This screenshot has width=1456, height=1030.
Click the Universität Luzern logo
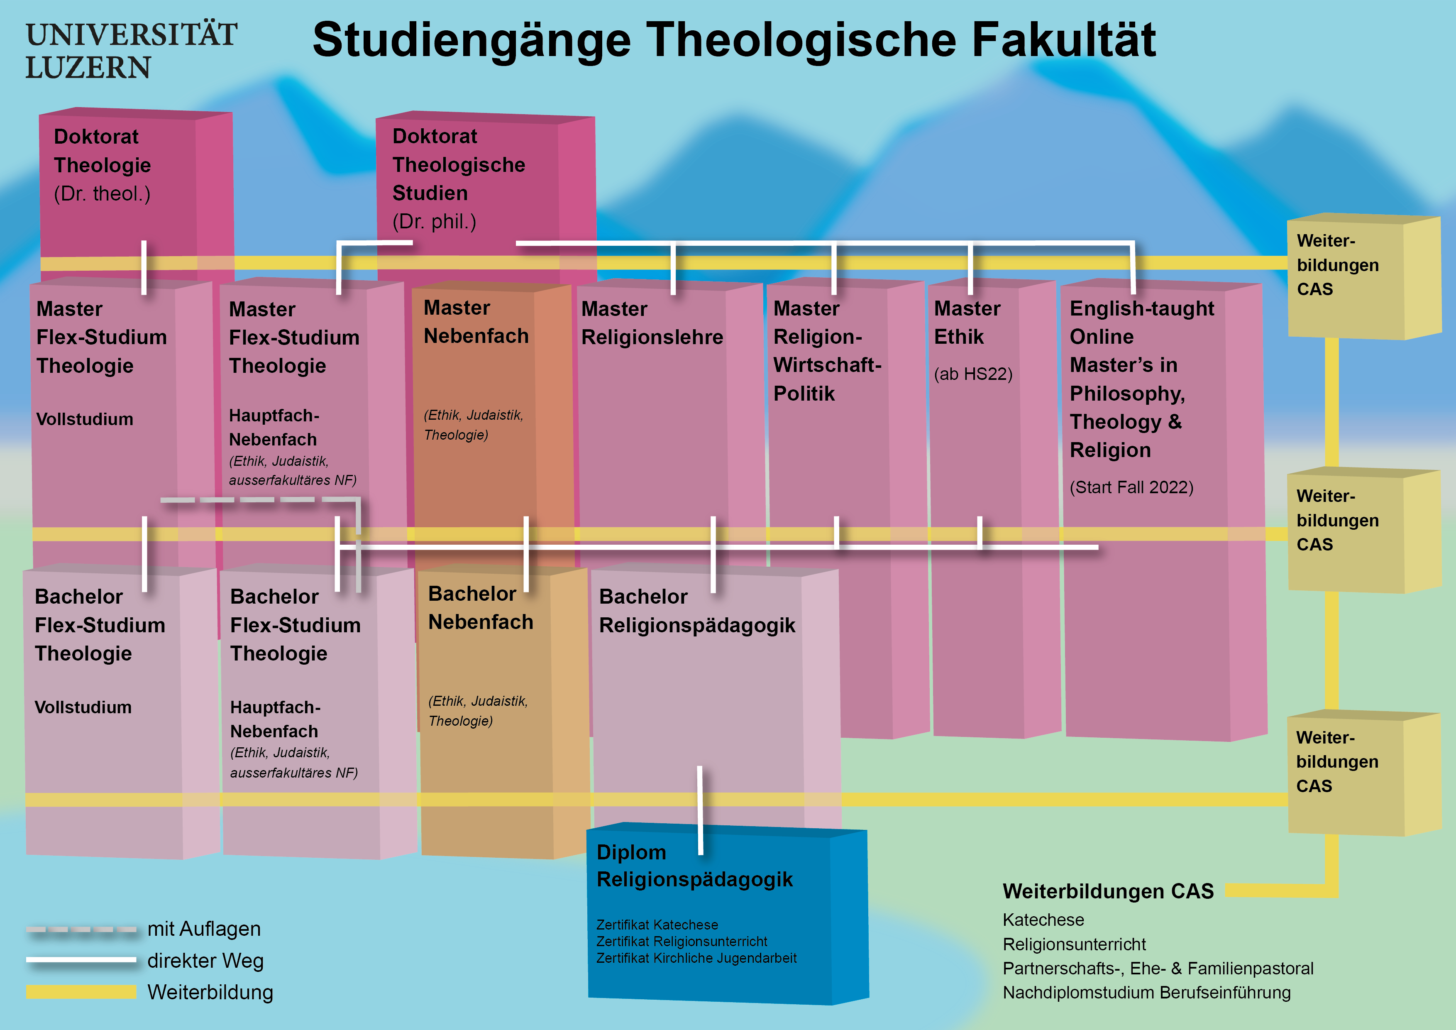pyautogui.click(x=131, y=51)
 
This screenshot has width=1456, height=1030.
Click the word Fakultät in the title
pyautogui.click(x=1064, y=40)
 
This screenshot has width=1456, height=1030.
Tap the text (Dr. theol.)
pyautogui.click(x=102, y=193)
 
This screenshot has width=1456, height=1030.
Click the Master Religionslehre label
pyautogui.click(x=652, y=323)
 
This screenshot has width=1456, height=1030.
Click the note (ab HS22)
pyautogui.click(x=973, y=374)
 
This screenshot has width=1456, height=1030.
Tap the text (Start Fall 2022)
pyautogui.click(x=1131, y=487)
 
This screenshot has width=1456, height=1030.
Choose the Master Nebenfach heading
pyautogui.click(x=476, y=322)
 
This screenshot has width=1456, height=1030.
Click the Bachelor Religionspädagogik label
pyautogui.click(x=696, y=611)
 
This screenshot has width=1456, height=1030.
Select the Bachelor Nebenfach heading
pyautogui.click(x=480, y=608)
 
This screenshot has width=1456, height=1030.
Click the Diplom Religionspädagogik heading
pyautogui.click(x=694, y=866)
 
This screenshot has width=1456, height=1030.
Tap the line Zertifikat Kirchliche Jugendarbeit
pyautogui.click(x=696, y=958)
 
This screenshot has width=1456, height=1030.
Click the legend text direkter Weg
pyautogui.click(x=205, y=961)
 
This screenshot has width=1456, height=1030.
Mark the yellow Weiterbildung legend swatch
pyautogui.click(x=81, y=992)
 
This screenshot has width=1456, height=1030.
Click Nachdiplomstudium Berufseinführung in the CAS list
pyautogui.click(x=1146, y=993)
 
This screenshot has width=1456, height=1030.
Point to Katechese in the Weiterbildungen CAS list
pyautogui.click(x=1043, y=920)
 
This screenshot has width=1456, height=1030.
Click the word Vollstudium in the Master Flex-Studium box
pyautogui.click(x=84, y=419)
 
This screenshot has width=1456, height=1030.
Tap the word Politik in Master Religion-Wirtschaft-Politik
pyautogui.click(x=804, y=394)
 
